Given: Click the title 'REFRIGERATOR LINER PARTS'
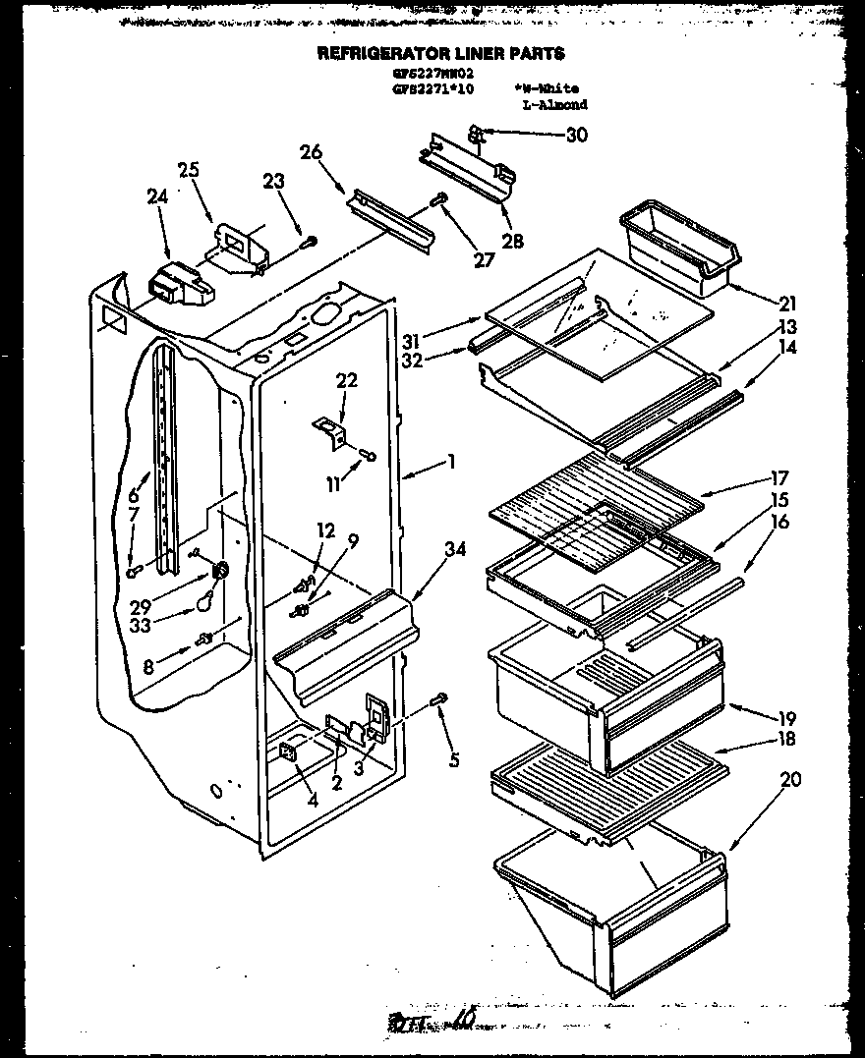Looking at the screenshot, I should click(440, 54).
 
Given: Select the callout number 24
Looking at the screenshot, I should click(157, 195).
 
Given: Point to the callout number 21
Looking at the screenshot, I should click(788, 304).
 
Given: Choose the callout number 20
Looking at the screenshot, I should click(790, 780).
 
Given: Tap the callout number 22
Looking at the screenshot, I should click(346, 380).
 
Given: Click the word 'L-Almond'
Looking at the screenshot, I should click(554, 104).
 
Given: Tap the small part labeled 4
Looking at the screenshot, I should click(288, 752).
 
